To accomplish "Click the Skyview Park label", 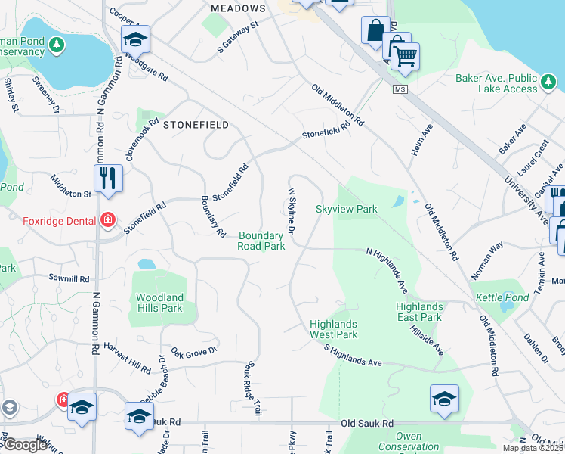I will point(346,209).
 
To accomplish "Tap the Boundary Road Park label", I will point(261,241).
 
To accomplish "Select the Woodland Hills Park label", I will point(159,303).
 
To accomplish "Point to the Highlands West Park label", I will point(333,329).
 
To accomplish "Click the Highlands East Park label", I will point(419,312).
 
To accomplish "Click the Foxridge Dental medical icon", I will point(108,220).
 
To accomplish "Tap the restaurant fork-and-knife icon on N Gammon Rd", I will point(108,178).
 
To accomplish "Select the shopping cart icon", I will point(405,56).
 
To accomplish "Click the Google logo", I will point(26,445).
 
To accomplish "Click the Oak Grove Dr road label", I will point(194,350).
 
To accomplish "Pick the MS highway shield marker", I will point(400,89).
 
